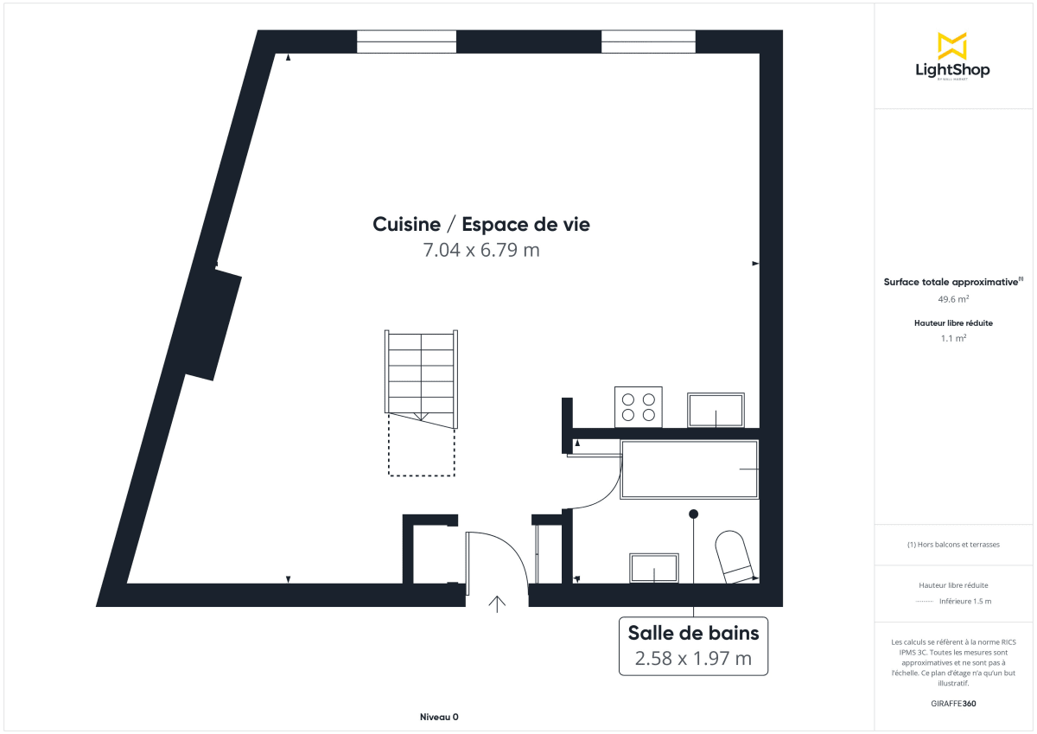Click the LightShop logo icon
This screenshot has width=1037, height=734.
click(951, 46)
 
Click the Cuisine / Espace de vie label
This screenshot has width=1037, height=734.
click(481, 225)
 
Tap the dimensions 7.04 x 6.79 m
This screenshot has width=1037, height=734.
click(481, 251)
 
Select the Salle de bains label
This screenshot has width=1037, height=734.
click(693, 634)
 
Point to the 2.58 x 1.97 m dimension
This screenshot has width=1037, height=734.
click(693, 659)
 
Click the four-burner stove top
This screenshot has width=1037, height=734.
click(639, 407)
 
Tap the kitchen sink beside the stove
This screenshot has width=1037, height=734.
click(715, 410)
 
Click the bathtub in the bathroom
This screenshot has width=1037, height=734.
click(689, 469)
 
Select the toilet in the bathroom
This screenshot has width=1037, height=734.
click(734, 557)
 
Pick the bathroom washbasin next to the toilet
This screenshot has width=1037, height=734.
click(654, 568)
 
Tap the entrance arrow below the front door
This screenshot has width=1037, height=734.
click(498, 603)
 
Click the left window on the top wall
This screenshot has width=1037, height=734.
click(406, 41)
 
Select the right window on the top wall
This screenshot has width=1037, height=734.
click(648, 41)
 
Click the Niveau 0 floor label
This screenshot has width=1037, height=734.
click(439, 717)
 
